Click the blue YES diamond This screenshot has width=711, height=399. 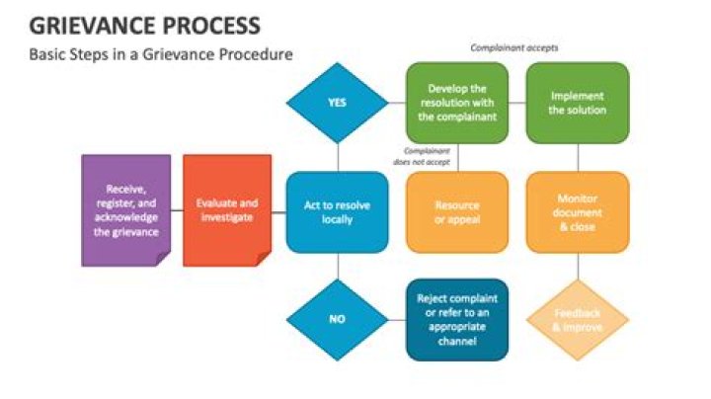tap(338, 103)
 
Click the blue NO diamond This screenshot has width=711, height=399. tap(338, 320)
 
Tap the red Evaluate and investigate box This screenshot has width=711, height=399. tap(227, 209)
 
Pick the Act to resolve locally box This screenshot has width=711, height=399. tap(338, 210)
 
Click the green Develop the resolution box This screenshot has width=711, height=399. tap(456, 102)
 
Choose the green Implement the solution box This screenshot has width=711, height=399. tap(578, 102)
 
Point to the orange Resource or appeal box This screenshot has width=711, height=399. tap(456, 211)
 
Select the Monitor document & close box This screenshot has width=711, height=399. tap(578, 211)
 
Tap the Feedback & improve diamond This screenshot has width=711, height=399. tap(578, 320)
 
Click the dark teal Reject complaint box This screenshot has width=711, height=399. tap(456, 319)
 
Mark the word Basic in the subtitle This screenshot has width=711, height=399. tap(46, 54)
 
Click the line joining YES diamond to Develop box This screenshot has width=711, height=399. tap(397, 103)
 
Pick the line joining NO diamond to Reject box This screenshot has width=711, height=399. tap(397, 320)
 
